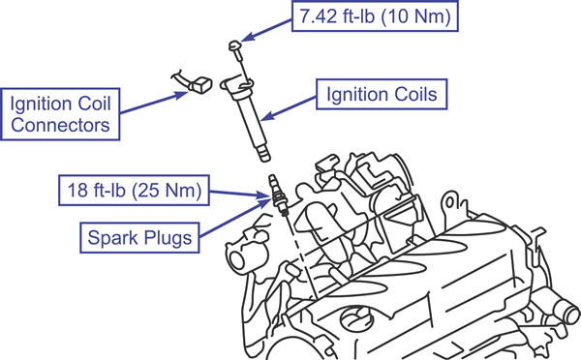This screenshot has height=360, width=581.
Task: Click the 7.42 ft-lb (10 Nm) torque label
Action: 375,15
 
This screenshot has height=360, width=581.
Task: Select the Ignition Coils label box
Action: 382,94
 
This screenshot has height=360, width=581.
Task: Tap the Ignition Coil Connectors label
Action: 60,114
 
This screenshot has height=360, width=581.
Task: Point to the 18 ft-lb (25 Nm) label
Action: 135,190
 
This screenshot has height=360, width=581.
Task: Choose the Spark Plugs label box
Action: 139,237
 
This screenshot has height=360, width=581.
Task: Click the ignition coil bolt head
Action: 234,45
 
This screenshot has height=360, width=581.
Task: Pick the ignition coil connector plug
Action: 200,85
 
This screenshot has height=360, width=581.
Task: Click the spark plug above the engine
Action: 278,195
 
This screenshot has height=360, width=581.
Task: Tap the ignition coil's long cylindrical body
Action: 252,122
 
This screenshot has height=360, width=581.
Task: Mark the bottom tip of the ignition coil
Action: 264,159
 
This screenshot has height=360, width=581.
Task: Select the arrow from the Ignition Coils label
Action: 289,108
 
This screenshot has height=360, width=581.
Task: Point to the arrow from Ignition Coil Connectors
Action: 154,103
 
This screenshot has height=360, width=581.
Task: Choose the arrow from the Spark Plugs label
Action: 235,218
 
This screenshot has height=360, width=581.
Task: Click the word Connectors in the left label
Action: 60,125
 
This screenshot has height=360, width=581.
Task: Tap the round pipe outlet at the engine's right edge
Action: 568,310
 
